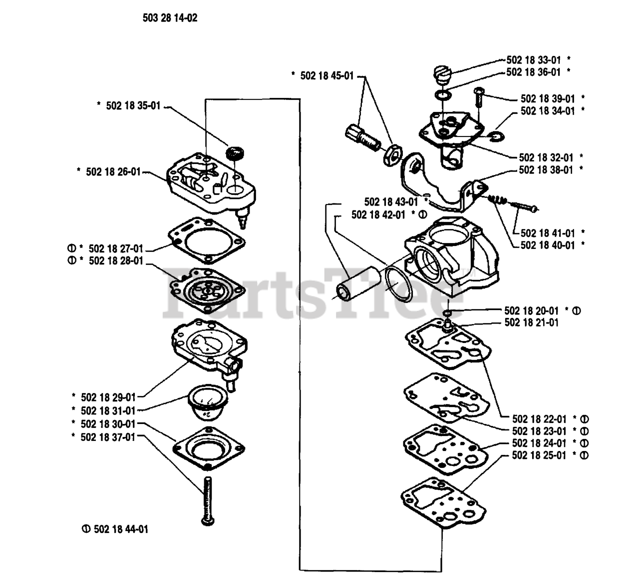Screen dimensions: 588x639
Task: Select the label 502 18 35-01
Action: [x=133, y=106]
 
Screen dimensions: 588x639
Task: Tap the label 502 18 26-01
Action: [x=113, y=171]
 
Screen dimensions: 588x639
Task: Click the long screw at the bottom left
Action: [x=207, y=500]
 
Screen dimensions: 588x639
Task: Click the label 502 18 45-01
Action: [x=327, y=76]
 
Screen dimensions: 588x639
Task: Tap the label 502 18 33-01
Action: [x=534, y=60]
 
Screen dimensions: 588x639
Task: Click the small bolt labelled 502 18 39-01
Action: [x=478, y=96]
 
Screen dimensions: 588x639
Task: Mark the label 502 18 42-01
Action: [x=378, y=214]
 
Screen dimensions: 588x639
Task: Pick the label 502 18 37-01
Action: [x=108, y=436]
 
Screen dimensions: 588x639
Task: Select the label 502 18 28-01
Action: [x=115, y=260]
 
